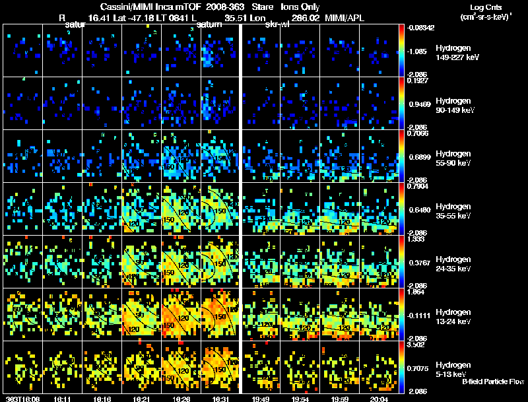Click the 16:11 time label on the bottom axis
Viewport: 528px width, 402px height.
coord(63,399)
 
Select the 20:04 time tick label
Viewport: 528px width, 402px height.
coord(379,399)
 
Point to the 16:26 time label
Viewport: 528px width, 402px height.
coord(181,399)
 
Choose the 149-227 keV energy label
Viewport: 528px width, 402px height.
coord(455,57)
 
